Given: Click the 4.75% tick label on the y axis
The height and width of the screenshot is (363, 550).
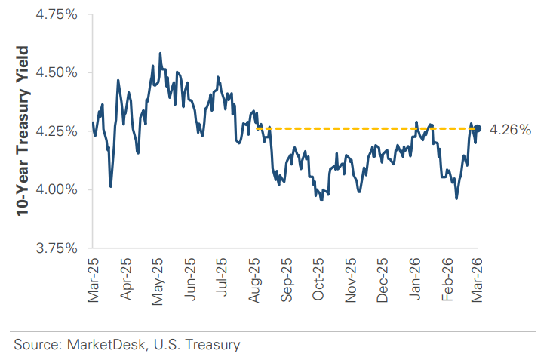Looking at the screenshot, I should point(57,14).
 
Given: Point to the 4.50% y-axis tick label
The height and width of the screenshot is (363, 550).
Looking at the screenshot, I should point(57,72).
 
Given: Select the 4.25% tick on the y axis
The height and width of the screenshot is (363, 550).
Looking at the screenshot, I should point(57,131).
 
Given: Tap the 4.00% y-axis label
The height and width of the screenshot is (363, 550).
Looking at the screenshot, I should point(57,189).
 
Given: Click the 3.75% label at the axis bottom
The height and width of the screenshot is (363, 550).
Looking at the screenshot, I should point(57,247).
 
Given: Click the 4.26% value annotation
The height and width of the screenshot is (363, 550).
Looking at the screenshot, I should point(510,130).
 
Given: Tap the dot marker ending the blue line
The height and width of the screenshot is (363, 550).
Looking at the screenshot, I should point(478,128).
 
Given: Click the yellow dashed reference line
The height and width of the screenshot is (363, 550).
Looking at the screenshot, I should point(362,128).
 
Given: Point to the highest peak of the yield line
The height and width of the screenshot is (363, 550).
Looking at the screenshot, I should point(160,54).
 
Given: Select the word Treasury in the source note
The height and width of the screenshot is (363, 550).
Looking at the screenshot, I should point(214,345).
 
